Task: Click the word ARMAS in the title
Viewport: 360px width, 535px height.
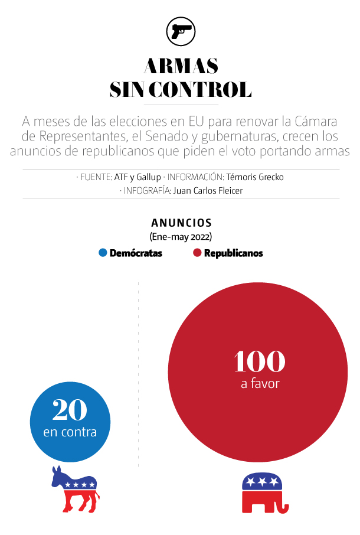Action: click(181, 65)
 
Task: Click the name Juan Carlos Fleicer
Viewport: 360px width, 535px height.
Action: click(208, 190)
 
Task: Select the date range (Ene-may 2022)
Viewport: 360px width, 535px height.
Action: click(181, 236)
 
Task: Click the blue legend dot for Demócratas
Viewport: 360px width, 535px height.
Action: click(103, 253)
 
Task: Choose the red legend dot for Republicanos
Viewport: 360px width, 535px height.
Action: click(197, 253)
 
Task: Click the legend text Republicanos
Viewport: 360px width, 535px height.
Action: click(233, 253)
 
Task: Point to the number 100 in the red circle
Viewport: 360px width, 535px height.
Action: click(259, 361)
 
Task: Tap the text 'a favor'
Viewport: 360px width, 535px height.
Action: click(260, 384)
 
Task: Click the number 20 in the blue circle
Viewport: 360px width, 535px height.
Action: click(70, 409)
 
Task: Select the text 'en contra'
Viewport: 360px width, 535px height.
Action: click(70, 432)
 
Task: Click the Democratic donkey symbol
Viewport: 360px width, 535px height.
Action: click(75, 489)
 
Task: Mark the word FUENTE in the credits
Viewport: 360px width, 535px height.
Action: click(96, 177)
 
